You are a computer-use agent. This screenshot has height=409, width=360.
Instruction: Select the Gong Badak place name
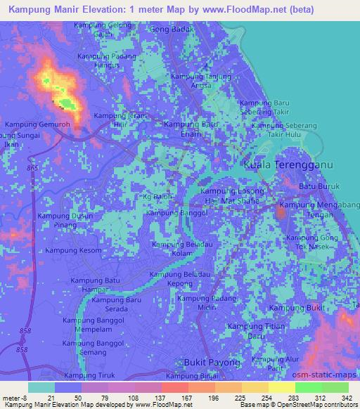(171, 30)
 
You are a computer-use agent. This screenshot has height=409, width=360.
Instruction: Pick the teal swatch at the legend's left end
(41, 387)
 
